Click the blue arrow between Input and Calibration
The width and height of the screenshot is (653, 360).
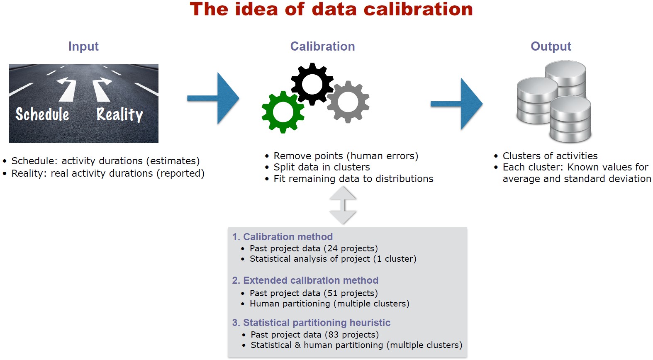click(x=213, y=98)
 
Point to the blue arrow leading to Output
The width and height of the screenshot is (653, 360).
click(x=456, y=104)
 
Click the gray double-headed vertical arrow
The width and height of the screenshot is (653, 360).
click(x=343, y=205)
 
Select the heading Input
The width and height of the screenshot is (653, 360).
click(x=83, y=46)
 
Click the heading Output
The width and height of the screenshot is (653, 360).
click(x=551, y=46)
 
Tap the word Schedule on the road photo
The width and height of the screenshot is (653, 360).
click(x=42, y=114)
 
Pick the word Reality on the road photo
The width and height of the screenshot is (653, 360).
click(x=120, y=114)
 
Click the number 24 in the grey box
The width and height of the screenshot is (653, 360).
click(x=332, y=248)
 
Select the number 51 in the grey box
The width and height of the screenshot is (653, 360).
click(x=332, y=293)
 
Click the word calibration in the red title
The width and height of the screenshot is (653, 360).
click(x=418, y=9)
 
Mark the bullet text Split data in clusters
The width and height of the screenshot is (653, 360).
click(x=322, y=167)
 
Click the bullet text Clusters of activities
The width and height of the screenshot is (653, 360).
click(x=550, y=156)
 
